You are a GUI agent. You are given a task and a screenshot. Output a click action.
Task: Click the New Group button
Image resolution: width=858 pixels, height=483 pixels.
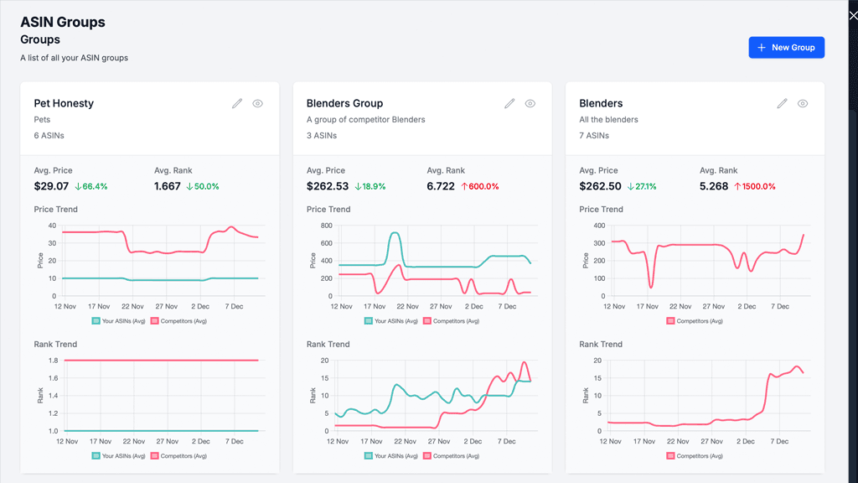(x=786, y=48)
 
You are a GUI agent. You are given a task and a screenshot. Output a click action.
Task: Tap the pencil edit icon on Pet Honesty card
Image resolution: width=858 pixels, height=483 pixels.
(x=237, y=103)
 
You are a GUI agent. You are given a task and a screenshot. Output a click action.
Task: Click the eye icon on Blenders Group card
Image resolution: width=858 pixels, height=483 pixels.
(x=530, y=103)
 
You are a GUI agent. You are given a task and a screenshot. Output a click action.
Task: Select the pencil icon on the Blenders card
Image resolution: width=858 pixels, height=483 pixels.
(x=782, y=103)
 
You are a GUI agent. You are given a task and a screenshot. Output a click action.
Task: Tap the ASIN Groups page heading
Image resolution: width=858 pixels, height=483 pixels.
(x=63, y=23)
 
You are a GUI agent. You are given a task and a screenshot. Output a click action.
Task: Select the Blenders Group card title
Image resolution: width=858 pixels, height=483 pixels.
(x=344, y=103)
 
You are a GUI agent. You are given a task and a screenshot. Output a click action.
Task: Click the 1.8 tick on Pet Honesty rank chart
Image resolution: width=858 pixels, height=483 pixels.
(x=52, y=361)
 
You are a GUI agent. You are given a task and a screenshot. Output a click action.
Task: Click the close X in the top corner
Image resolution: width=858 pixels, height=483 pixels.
(x=853, y=16)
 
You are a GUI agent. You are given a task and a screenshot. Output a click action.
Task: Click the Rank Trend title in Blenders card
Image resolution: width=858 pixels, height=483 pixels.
(x=601, y=344)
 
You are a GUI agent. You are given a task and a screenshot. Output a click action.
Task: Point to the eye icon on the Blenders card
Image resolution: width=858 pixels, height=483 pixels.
(x=803, y=103)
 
